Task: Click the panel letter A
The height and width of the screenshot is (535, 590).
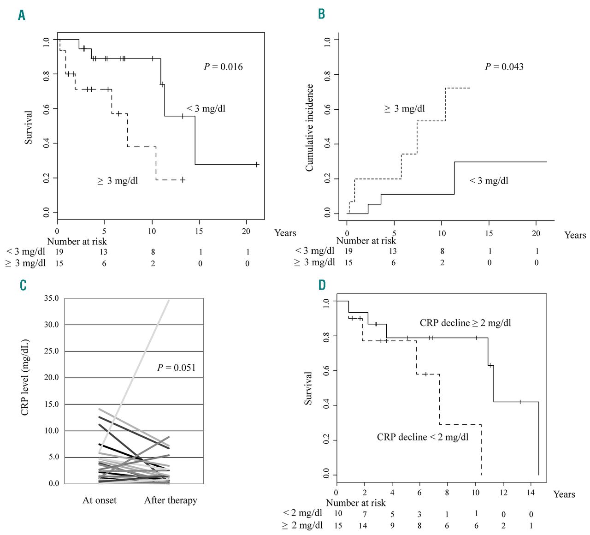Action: point(22,15)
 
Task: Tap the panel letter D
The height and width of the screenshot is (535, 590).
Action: point(322,285)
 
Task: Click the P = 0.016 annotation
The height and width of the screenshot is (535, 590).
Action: point(223,66)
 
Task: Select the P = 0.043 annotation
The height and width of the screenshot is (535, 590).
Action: point(504,66)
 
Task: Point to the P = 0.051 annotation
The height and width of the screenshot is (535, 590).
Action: point(176,368)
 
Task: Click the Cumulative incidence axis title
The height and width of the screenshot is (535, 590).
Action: point(309,128)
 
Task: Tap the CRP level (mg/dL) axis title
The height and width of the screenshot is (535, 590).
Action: point(25,377)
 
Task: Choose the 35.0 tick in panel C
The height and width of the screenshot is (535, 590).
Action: point(51,298)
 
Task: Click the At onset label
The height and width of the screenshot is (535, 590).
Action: point(100,500)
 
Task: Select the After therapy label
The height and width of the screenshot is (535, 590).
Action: point(171,500)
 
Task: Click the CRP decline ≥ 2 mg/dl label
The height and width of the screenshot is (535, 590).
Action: point(465,323)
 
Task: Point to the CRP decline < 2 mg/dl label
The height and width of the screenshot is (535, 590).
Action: point(423,437)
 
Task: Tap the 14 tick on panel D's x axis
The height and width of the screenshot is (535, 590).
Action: point(531,493)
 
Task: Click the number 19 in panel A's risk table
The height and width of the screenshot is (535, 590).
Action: point(59,252)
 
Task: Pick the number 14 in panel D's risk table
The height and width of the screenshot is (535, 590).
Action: point(363,525)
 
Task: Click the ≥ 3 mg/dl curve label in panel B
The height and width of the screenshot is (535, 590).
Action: point(404,109)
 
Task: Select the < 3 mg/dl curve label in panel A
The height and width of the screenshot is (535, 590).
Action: point(206,109)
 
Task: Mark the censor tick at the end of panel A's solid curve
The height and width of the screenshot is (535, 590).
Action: point(257,164)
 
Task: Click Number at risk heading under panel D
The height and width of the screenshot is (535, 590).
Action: point(355,503)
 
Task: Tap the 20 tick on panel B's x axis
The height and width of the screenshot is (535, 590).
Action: point(536,233)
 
